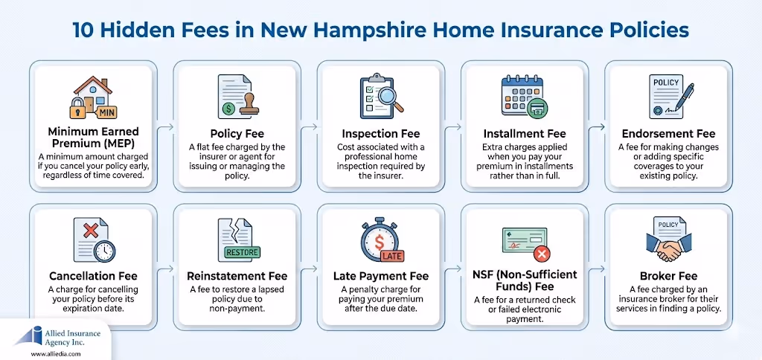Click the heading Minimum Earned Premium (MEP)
91,139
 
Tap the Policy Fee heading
234,133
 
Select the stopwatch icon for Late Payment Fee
377,240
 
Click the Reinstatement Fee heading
234,276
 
